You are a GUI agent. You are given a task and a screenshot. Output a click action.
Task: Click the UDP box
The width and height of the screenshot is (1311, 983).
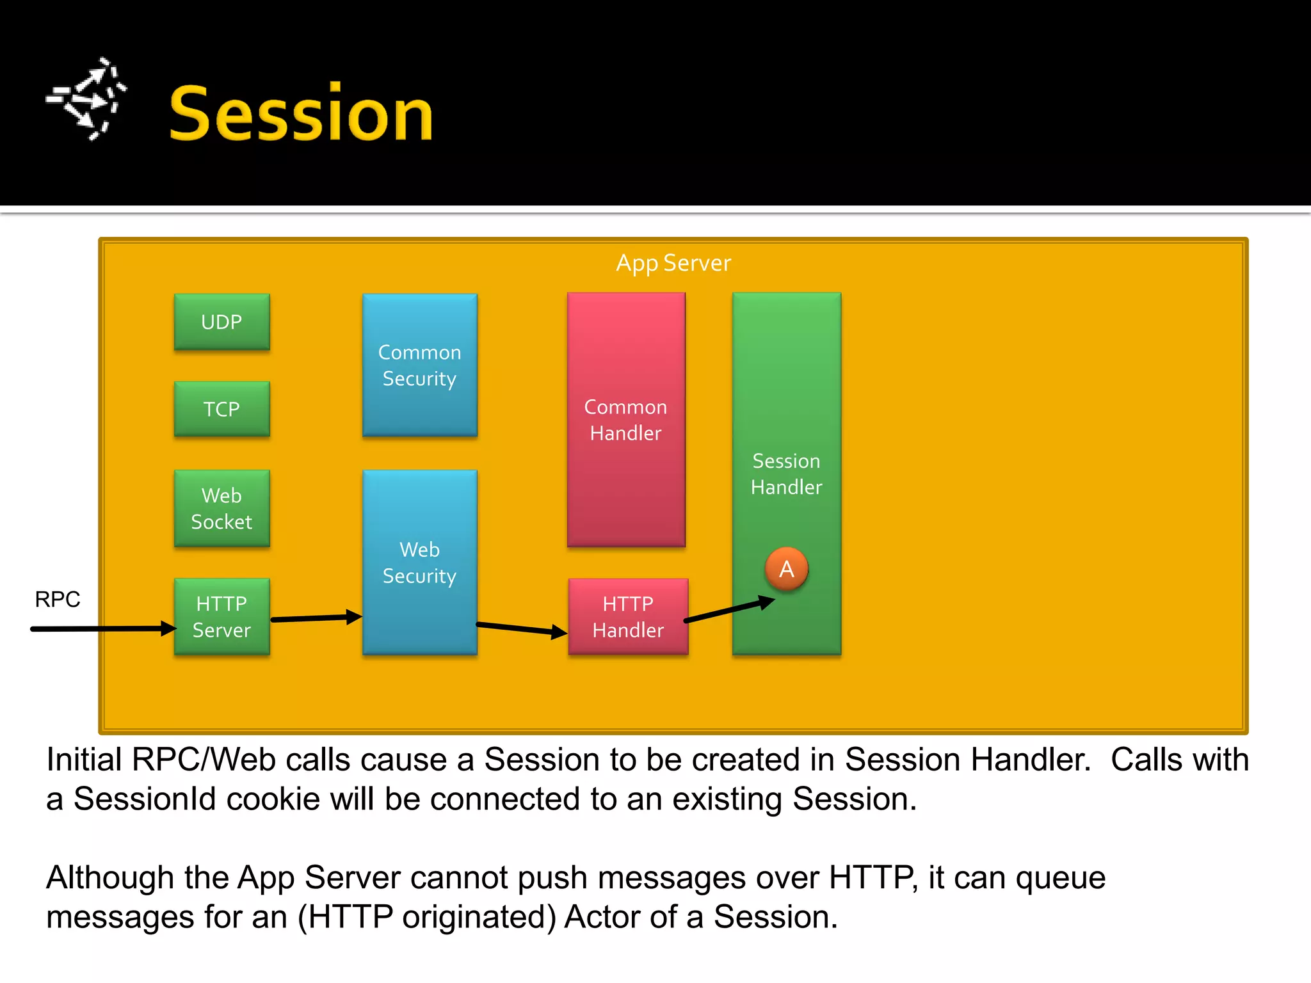tap(221, 321)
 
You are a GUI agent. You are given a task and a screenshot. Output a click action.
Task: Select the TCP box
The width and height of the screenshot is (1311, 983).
tap(221, 409)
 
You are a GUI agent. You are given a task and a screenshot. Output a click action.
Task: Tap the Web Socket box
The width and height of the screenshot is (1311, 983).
tap(221, 508)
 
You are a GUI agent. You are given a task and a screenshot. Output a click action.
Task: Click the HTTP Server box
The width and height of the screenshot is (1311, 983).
tap(221, 616)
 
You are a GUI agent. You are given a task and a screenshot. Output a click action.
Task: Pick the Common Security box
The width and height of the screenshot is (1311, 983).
tap(419, 365)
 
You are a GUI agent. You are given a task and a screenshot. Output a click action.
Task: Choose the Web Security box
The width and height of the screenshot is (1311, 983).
tap(419, 562)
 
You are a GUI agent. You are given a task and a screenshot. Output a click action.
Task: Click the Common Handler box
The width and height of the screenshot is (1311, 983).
tap(625, 419)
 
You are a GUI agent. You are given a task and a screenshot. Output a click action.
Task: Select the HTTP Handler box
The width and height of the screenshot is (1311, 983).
tap(628, 616)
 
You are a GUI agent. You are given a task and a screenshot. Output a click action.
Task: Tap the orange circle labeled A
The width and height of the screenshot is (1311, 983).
tap(786, 568)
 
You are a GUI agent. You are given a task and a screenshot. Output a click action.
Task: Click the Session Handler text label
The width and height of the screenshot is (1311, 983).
tap(786, 474)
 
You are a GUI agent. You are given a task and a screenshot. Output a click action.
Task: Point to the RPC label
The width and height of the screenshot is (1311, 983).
tap(58, 599)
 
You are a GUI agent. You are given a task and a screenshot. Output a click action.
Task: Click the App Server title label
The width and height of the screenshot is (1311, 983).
tap(673, 263)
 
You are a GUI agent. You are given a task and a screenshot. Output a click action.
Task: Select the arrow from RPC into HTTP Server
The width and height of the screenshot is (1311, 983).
tap(102, 628)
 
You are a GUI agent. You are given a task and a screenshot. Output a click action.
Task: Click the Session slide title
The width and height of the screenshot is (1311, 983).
tap(301, 114)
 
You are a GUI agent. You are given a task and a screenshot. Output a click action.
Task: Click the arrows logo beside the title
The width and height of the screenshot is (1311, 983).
tap(87, 99)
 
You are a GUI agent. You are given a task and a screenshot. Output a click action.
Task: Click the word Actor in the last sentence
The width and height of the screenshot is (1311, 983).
tap(601, 916)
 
